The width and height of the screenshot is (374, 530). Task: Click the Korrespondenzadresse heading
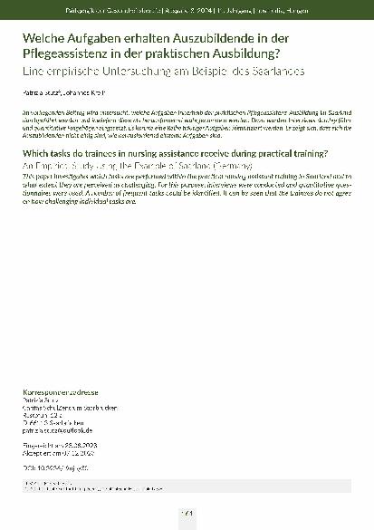60,391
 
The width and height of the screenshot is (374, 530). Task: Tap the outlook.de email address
60,431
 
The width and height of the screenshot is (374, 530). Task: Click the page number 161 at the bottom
187,514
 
